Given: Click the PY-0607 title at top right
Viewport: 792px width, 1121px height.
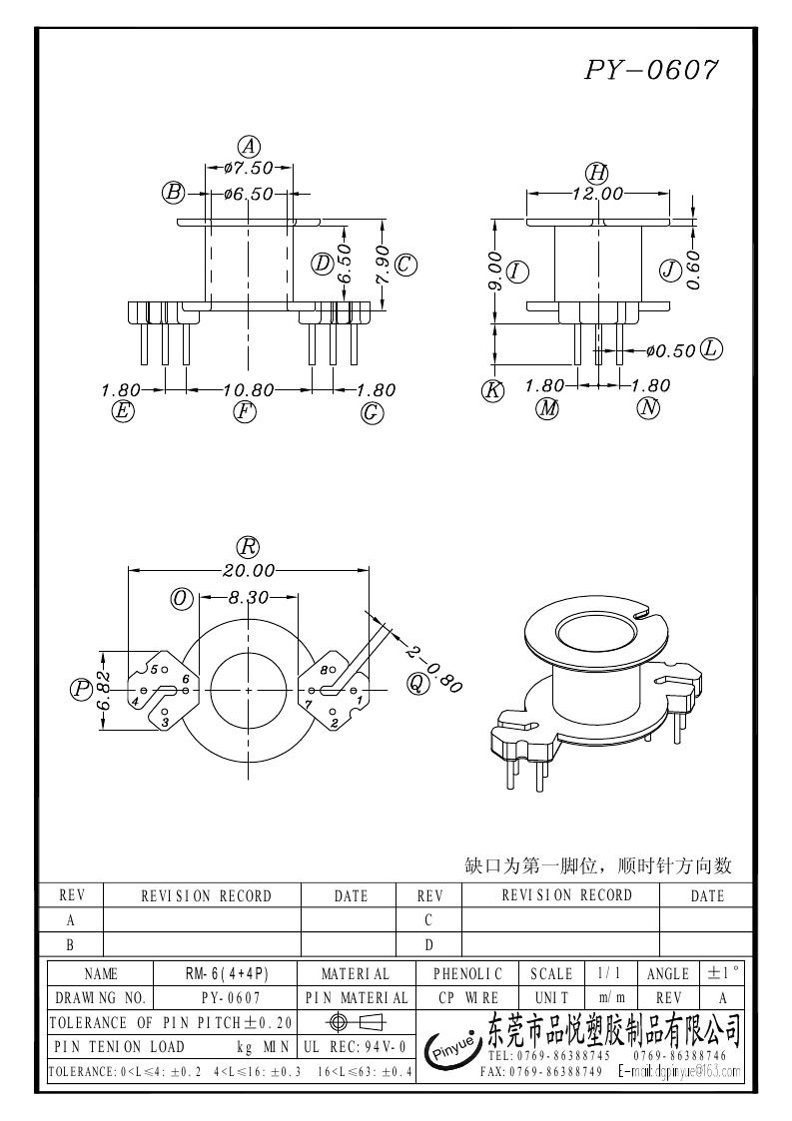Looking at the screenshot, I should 650,70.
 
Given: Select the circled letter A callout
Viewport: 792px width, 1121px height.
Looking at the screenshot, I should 249,146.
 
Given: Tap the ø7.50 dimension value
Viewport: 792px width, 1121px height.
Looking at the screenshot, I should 249,168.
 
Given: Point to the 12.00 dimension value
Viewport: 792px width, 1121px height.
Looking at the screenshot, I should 597,194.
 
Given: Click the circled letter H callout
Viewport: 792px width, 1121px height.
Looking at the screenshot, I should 597,172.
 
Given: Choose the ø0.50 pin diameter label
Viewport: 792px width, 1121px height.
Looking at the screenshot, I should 669,351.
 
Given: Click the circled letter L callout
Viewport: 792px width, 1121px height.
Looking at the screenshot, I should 711,349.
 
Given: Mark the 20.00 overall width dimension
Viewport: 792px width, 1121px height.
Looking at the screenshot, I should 248,571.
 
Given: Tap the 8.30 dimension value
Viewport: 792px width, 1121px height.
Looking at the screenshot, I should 249,598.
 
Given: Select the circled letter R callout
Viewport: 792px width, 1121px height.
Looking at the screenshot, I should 248,547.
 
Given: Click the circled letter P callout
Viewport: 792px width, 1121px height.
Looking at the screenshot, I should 81,689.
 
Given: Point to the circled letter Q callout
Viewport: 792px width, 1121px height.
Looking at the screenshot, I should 415,683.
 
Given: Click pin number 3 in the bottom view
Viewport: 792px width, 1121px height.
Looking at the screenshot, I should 165,721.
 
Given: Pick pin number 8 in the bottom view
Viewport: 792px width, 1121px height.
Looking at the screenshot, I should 325,671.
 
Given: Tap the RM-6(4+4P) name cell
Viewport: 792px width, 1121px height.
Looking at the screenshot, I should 227,973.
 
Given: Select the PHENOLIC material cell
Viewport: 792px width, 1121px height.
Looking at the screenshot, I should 467,973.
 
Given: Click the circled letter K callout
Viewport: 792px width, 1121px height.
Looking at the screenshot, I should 492,391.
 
